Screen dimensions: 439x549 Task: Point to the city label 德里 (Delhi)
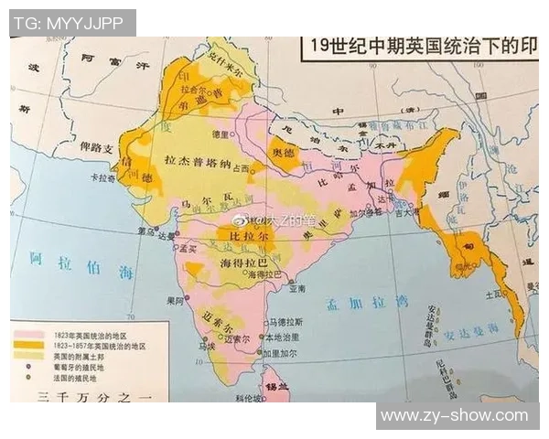tap(220, 134)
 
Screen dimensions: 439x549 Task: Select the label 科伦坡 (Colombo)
tap(250, 400)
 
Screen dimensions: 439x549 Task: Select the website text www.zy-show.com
tap(454, 416)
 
